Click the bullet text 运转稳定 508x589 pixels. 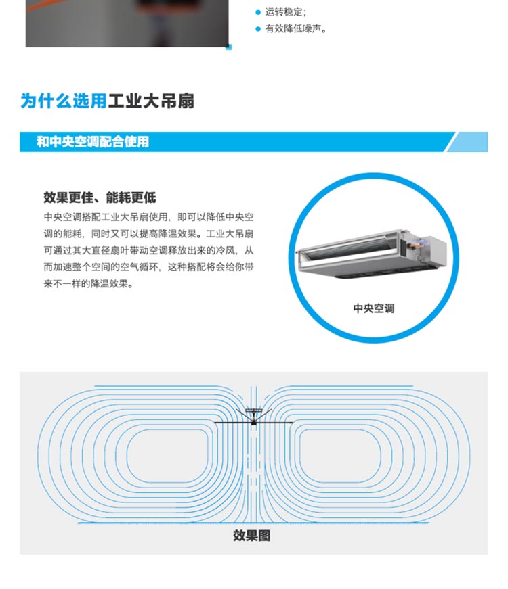pyautogui.click(x=285, y=12)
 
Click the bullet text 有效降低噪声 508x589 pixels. pyautogui.click(x=295, y=29)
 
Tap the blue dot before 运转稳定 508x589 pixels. pyautogui.click(x=257, y=12)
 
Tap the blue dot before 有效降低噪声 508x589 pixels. pyautogui.click(x=257, y=29)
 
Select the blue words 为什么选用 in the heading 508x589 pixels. pyautogui.click(x=64, y=101)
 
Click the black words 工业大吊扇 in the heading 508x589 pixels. pyautogui.click(x=151, y=101)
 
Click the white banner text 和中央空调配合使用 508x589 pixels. pyautogui.click(x=93, y=142)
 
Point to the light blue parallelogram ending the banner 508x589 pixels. pyautogui.click(x=467, y=142)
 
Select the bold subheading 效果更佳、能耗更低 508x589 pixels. pyautogui.click(x=100, y=197)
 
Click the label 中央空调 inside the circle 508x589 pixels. pyautogui.click(x=373, y=308)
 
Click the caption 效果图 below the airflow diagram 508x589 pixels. pyautogui.click(x=251, y=536)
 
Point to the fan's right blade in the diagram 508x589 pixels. pyautogui.click(x=274, y=423)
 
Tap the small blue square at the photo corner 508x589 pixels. pyautogui.click(x=228, y=47)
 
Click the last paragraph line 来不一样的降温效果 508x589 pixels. pyautogui.click(x=88, y=284)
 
